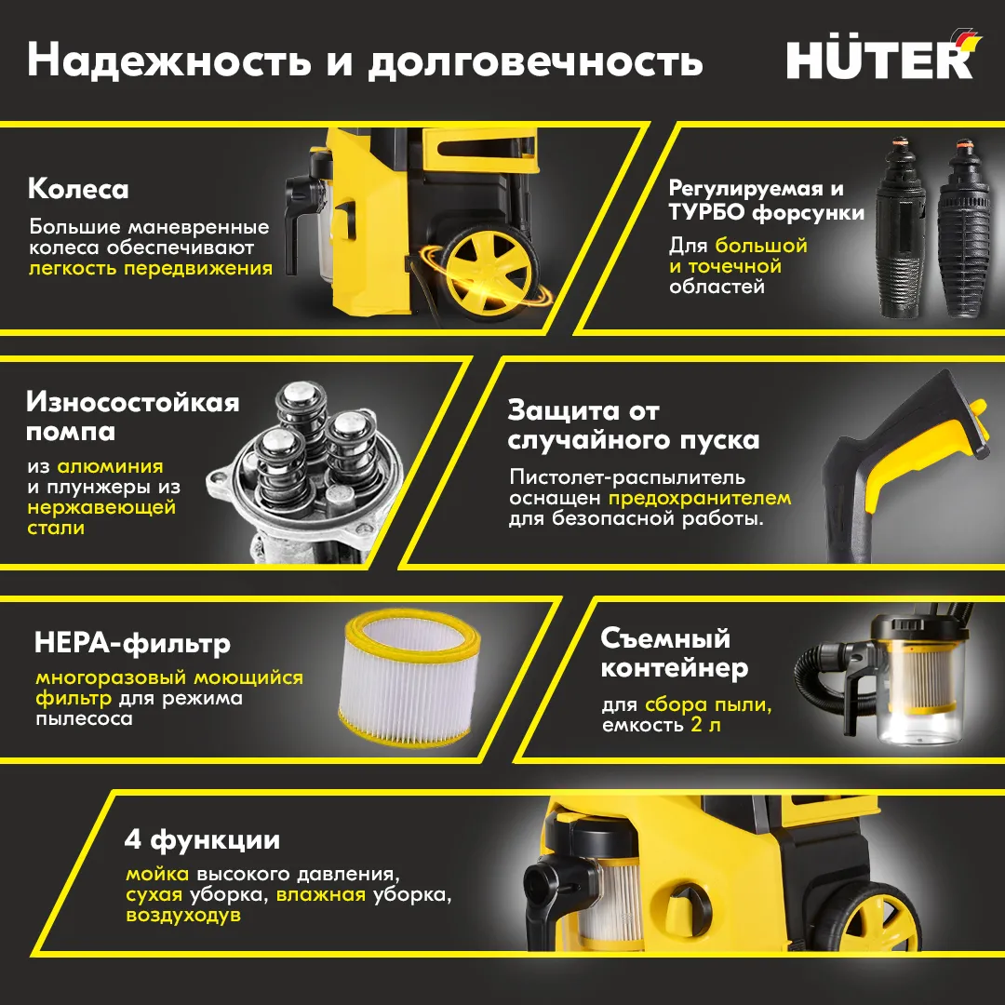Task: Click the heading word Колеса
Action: tap(78, 189)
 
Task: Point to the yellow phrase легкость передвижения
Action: tap(151, 268)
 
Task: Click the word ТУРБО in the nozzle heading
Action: tap(707, 212)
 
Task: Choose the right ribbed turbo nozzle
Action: tap(966, 228)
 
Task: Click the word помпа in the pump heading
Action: tap(71, 432)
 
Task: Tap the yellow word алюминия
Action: tap(110, 466)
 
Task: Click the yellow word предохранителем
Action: tap(700, 499)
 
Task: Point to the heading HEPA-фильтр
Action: tap(133, 643)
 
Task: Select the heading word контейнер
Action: tap(675, 668)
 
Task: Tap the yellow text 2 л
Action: tap(705, 725)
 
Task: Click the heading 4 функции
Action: tap(202, 840)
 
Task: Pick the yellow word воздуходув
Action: tap(183, 915)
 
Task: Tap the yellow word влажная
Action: tap(320, 894)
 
